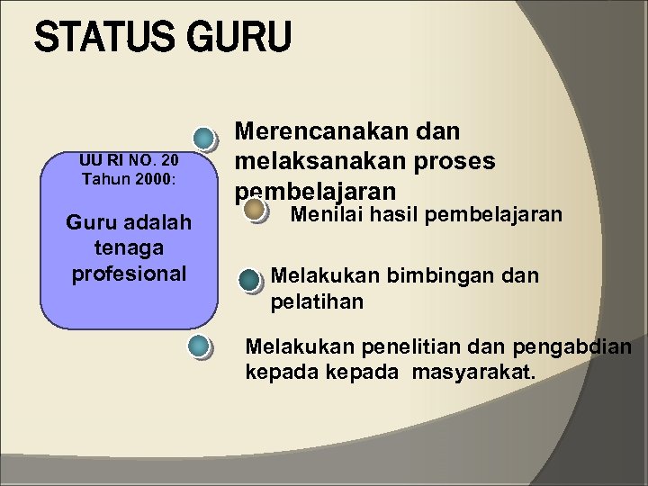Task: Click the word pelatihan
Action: (317, 301)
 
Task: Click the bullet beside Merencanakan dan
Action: (206, 139)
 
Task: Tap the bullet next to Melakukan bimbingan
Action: (250, 280)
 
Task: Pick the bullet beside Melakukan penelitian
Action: (202, 346)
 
